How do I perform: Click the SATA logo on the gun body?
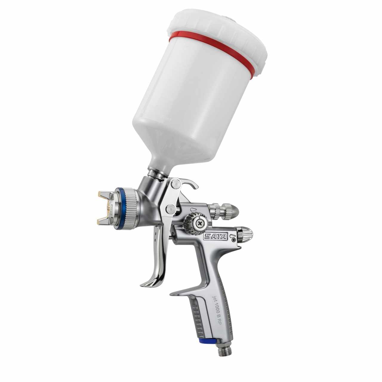[215, 237]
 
